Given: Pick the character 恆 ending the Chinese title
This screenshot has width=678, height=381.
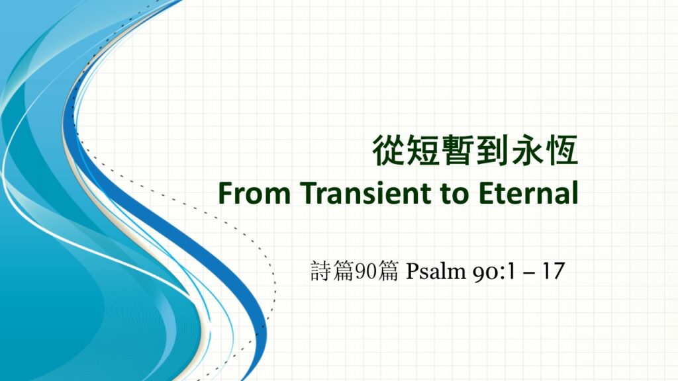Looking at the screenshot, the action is (x=562, y=150).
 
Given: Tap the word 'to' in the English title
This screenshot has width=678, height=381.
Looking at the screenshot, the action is (x=456, y=194).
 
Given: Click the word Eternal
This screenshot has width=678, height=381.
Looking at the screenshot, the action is (x=528, y=192).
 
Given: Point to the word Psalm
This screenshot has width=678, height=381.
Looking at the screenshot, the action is (x=436, y=271).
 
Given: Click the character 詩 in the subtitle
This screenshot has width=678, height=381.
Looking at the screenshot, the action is (x=321, y=271).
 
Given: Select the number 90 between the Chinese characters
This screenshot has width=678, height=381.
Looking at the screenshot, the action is (x=365, y=271).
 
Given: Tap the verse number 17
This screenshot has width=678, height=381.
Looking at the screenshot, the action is (x=554, y=271).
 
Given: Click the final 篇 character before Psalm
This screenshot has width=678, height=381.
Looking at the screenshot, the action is (x=387, y=271).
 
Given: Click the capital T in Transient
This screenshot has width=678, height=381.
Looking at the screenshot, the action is (x=310, y=192).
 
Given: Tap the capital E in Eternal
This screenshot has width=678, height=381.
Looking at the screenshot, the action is (x=487, y=192).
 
